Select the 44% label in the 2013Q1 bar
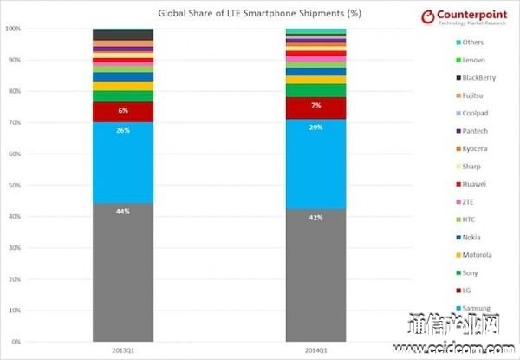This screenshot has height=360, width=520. [123, 211]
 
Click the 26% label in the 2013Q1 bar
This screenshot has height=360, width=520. [123, 130]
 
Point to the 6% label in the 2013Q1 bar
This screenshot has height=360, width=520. [123, 111]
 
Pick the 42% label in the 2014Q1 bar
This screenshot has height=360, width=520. [316, 218]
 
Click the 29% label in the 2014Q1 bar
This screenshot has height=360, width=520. [316, 127]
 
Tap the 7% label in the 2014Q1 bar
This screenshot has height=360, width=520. [316, 105]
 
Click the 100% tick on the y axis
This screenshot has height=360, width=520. [12, 29]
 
